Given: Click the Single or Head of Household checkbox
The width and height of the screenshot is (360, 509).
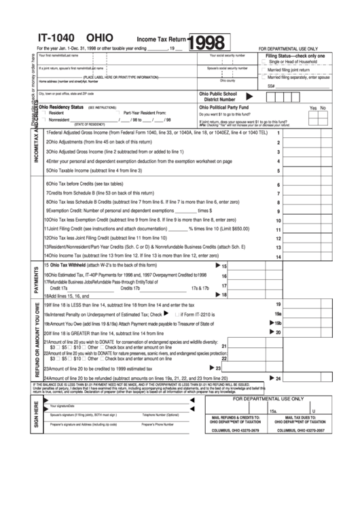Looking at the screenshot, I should point(264,63).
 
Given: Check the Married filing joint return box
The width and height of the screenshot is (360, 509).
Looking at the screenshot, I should point(264,70).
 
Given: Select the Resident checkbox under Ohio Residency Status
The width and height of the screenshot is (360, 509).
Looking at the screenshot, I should point(43,113).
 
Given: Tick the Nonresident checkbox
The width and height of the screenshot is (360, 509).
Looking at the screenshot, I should point(43,120).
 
